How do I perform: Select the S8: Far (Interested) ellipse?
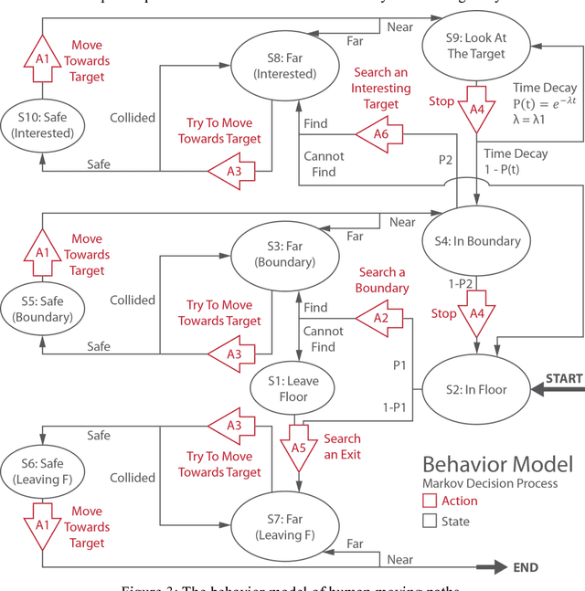[x=285, y=65]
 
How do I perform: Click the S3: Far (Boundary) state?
[x=285, y=254]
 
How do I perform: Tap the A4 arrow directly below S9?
[x=475, y=107]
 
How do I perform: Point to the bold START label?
[x=563, y=378]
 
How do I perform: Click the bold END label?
[x=526, y=567]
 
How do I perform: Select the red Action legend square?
[x=430, y=501]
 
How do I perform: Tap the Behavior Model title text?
[x=497, y=463]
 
